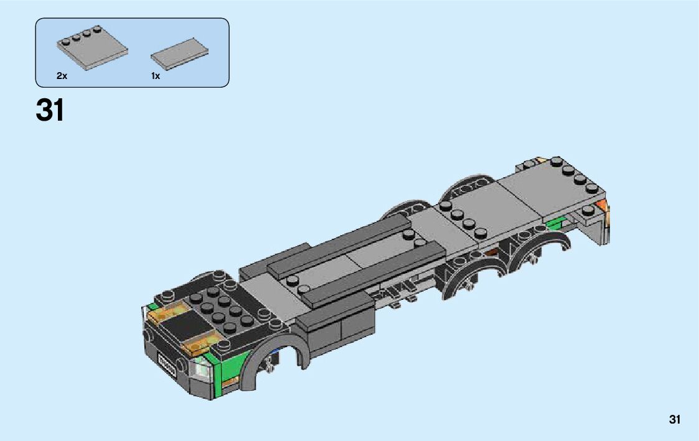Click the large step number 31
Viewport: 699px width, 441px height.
tap(50, 110)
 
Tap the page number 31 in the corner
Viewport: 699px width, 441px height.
tap(675, 419)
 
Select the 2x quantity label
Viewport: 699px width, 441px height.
tap(62, 76)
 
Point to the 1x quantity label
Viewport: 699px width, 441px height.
tap(155, 76)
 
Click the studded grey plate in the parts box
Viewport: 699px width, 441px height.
tap(92, 47)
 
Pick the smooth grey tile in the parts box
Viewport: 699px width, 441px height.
tap(179, 53)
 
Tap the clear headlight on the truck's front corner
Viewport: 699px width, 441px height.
tap(202, 369)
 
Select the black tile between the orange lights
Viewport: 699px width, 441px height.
tap(186, 325)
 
